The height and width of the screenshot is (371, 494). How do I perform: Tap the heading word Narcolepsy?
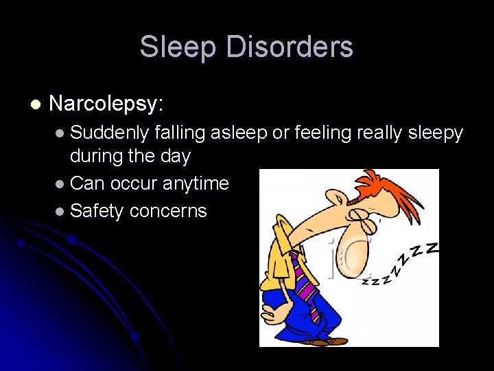[106, 104]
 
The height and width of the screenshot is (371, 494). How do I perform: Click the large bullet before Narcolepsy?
[35, 104]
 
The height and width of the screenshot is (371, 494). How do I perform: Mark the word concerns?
[167, 211]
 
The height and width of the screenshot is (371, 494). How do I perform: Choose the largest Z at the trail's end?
[430, 248]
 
